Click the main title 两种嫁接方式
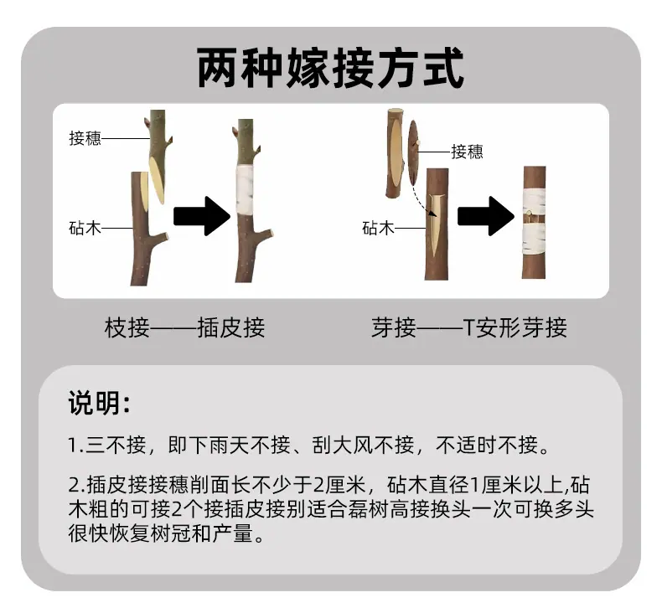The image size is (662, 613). coord(330,68)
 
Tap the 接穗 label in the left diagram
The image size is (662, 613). coord(85,138)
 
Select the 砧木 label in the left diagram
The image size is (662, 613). coord(85,229)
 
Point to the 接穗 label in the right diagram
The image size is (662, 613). coord(467,152)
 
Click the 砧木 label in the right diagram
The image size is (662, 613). coord(378,229)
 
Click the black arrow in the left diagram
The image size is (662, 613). coord(202,215)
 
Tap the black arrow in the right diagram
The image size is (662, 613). coord(486,215)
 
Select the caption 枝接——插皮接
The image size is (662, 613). coord(184,327)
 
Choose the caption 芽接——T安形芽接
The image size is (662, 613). coord(469,327)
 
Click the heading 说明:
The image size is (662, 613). coord(99,404)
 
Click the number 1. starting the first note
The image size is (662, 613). coord(76,446)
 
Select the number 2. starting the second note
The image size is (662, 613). coord(77,485)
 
